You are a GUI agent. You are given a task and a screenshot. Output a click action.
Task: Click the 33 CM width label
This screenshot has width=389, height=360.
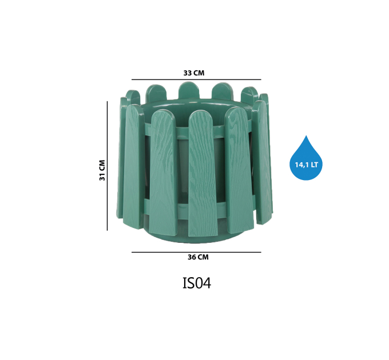point(194,73)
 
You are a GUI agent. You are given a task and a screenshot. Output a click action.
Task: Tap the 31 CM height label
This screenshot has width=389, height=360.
point(102,170)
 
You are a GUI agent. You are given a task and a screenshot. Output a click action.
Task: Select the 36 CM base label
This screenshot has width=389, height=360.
point(198,257)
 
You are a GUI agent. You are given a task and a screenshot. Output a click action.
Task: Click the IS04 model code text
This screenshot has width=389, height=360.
point(197,283)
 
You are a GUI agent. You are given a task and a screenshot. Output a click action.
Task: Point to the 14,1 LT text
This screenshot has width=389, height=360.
point(306,165)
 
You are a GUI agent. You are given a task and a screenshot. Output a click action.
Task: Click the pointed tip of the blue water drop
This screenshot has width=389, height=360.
point(306,135)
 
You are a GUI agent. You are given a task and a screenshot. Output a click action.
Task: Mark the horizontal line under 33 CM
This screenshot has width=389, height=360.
point(196,79)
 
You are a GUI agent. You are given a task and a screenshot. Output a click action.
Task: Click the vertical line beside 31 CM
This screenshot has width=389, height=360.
point(107,166)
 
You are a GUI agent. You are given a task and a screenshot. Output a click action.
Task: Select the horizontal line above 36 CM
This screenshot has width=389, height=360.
point(196,252)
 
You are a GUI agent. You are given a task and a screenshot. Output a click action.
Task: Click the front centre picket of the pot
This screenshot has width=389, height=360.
point(203,174)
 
